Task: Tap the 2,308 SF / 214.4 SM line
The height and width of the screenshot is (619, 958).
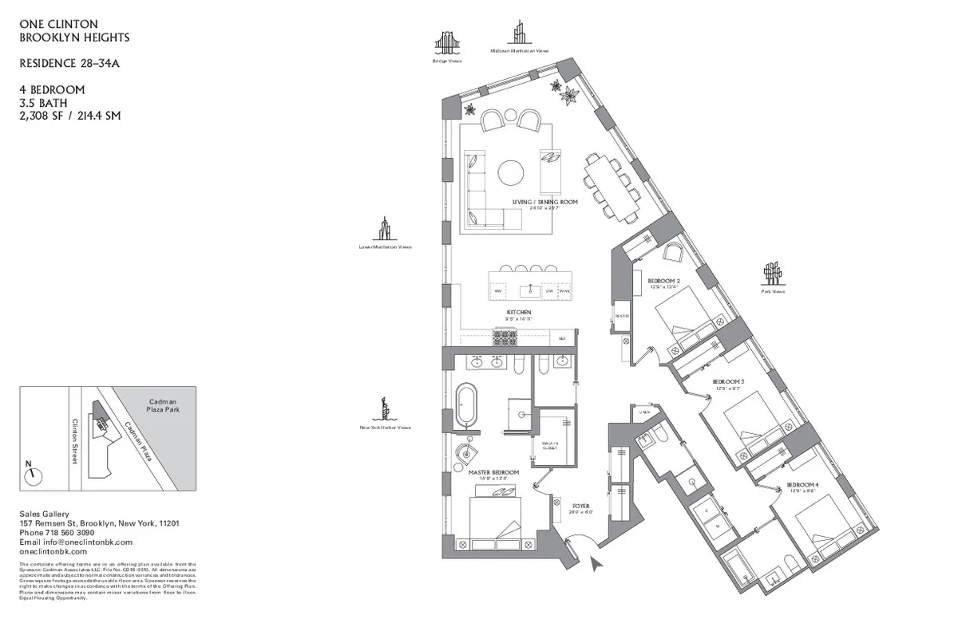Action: tap(70, 116)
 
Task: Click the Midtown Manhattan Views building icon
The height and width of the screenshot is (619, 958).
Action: tap(519, 34)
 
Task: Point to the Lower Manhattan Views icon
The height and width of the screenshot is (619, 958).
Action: tap(384, 229)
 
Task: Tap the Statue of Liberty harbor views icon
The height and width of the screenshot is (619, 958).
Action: tap(385, 407)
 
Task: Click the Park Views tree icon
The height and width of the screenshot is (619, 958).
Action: tap(772, 274)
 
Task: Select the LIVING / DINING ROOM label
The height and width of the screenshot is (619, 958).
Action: tap(544, 203)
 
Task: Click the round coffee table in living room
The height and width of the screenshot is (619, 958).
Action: tap(511, 173)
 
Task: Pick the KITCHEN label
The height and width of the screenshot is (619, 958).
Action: tap(518, 313)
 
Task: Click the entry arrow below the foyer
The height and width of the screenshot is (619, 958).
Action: tap(596, 565)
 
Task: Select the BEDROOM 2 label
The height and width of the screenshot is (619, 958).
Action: tap(663, 281)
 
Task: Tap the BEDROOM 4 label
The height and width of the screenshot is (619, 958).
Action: tap(802, 485)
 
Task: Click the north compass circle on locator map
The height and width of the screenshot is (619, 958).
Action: tap(33, 476)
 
